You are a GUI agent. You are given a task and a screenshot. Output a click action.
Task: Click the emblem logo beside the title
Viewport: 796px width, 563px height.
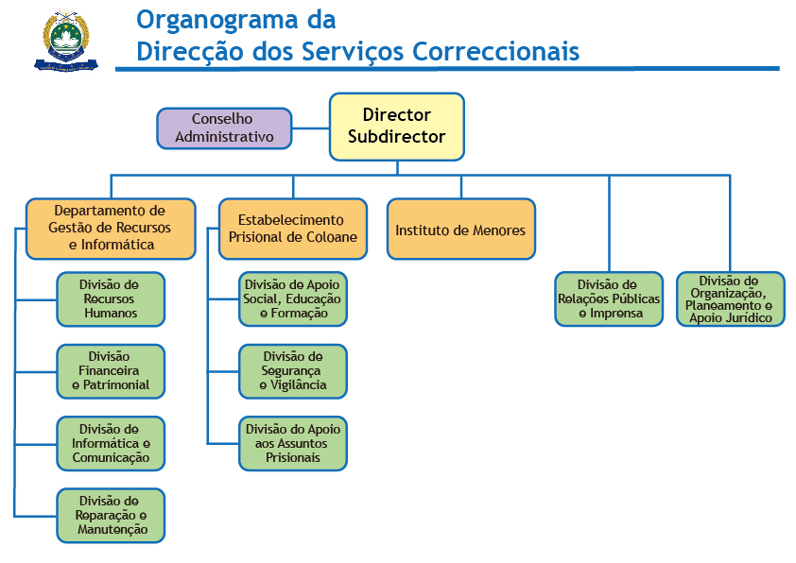click(x=66, y=40)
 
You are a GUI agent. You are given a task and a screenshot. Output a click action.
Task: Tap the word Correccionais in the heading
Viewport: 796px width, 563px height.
click(x=496, y=52)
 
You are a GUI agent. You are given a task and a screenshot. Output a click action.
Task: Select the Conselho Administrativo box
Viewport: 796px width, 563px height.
click(x=224, y=128)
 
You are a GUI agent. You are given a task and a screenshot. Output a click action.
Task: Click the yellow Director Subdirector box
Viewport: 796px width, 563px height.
click(x=397, y=127)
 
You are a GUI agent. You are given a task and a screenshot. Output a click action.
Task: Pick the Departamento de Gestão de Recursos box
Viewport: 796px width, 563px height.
click(x=111, y=229)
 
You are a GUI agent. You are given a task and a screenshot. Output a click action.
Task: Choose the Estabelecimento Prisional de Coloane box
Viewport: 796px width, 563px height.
click(x=293, y=229)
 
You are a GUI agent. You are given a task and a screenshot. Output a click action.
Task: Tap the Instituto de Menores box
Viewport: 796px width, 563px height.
click(x=461, y=229)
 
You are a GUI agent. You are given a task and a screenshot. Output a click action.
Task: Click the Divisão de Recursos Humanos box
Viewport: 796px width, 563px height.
click(x=111, y=299)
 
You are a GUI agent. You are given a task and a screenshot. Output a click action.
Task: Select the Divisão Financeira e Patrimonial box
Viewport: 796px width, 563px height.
click(x=111, y=371)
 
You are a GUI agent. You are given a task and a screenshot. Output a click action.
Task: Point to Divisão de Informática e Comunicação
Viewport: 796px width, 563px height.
click(x=111, y=444)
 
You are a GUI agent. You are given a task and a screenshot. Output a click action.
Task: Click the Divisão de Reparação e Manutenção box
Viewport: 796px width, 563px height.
click(x=111, y=516)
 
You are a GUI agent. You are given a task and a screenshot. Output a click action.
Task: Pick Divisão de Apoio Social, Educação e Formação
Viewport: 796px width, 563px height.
click(x=293, y=299)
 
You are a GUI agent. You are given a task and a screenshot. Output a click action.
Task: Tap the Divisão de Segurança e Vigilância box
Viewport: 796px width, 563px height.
click(x=293, y=371)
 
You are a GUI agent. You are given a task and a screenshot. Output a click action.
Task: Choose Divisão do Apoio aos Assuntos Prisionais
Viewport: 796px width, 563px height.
click(x=293, y=444)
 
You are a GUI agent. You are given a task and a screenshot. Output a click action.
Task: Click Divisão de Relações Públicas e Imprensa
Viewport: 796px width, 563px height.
click(x=609, y=299)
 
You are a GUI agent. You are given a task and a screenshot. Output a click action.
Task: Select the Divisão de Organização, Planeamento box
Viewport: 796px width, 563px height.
click(x=731, y=299)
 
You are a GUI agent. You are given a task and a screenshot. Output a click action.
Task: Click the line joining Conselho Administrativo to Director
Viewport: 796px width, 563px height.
click(x=311, y=128)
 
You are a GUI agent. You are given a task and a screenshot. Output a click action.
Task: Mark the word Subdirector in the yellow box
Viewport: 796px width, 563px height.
click(x=396, y=137)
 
